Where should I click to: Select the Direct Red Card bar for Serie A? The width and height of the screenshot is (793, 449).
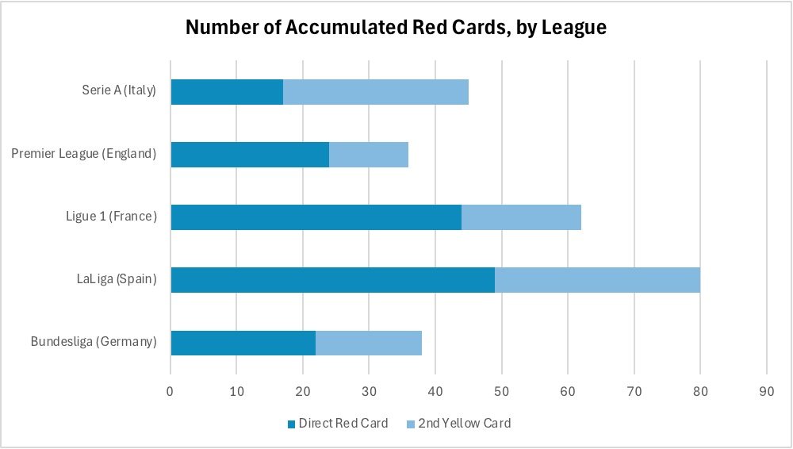(227, 92)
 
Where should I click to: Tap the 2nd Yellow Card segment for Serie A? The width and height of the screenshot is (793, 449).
(376, 92)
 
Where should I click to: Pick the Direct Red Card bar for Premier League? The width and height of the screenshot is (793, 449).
(250, 155)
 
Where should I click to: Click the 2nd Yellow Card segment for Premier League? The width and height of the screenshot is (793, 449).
(369, 155)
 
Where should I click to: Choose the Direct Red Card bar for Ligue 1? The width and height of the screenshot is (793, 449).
(316, 217)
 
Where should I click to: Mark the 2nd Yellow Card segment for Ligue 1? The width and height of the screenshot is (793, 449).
(521, 217)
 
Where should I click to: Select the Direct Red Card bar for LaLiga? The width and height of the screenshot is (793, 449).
(333, 280)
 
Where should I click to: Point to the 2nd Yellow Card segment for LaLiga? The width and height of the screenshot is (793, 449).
(597, 280)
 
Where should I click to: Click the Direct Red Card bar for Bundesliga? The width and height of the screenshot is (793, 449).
(243, 343)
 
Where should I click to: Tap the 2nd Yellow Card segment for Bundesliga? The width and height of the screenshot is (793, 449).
(369, 343)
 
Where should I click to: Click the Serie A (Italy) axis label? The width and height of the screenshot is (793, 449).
(119, 90)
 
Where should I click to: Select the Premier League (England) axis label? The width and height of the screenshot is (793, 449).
(84, 154)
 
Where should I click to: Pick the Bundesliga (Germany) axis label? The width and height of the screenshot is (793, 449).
(94, 342)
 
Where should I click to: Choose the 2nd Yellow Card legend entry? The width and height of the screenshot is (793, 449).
(465, 423)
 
